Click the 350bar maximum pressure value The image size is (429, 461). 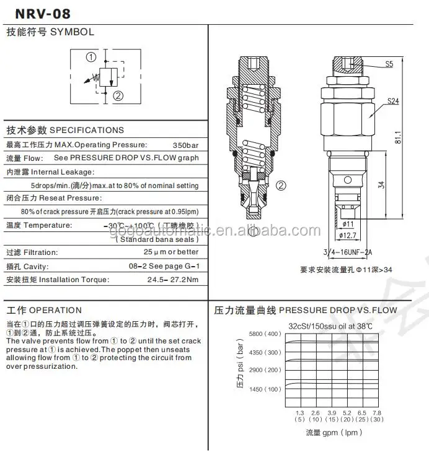(185, 144)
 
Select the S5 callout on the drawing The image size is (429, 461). (389, 63)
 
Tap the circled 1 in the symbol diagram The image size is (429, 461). (91, 57)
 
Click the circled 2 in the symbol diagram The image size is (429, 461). (118, 95)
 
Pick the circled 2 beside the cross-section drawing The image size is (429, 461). (280, 184)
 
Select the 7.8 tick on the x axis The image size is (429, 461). (378, 412)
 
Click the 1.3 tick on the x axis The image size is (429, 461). (299, 412)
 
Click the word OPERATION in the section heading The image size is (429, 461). (55, 310)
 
